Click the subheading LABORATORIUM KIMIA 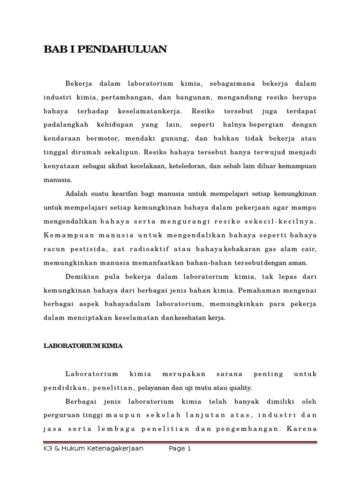tap(83, 345)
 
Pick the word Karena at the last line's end tap(303, 428)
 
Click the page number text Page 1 tap(180, 449)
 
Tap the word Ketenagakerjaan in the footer tap(113, 449)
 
